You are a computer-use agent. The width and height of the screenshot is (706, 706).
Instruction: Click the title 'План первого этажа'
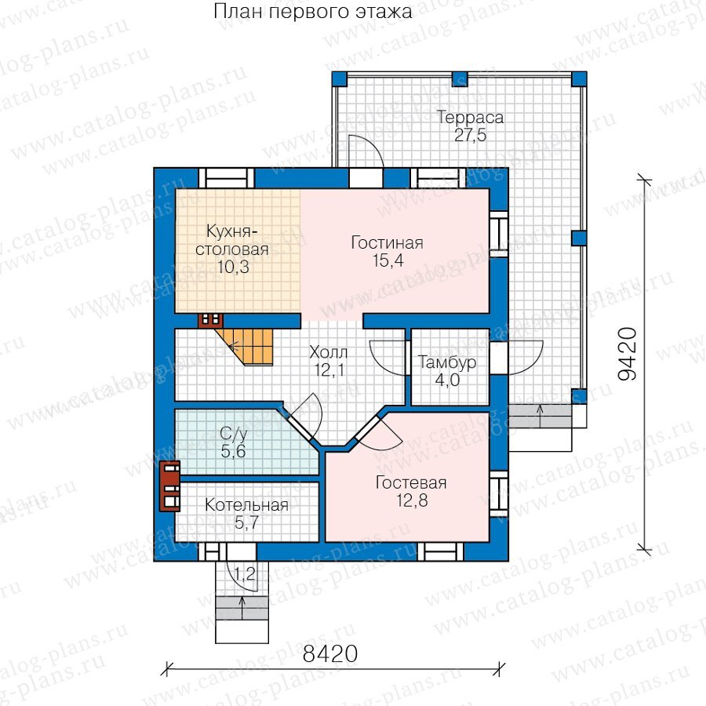(312, 12)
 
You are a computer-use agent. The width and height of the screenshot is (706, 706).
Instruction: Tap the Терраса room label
(471, 118)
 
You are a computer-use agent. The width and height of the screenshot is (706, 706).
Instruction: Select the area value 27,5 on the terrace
(471, 135)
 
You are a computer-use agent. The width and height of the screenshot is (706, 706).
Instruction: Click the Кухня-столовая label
(232, 240)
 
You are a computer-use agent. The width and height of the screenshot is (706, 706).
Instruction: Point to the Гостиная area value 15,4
(388, 260)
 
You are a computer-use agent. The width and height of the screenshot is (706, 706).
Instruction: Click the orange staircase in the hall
(252, 346)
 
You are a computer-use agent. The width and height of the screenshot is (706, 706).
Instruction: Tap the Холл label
(329, 352)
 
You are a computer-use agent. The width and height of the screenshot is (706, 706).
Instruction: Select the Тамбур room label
(447, 362)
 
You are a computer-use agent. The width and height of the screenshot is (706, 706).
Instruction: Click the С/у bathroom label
(234, 434)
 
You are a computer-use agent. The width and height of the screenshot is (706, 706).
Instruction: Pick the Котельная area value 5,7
(247, 522)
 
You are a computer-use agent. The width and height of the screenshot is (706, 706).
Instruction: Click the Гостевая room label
(411, 482)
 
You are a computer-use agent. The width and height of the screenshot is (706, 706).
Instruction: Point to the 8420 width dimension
(330, 653)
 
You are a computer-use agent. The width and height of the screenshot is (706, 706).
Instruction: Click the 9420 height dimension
(628, 354)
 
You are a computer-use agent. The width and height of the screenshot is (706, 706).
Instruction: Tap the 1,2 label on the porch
(245, 574)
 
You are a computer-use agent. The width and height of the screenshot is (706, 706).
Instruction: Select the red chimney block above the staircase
(211, 320)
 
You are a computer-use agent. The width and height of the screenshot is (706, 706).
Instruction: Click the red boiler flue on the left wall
(169, 486)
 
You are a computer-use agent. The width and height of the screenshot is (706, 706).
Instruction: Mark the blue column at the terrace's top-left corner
(340, 78)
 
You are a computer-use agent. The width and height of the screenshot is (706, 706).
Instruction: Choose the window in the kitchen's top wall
(226, 178)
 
